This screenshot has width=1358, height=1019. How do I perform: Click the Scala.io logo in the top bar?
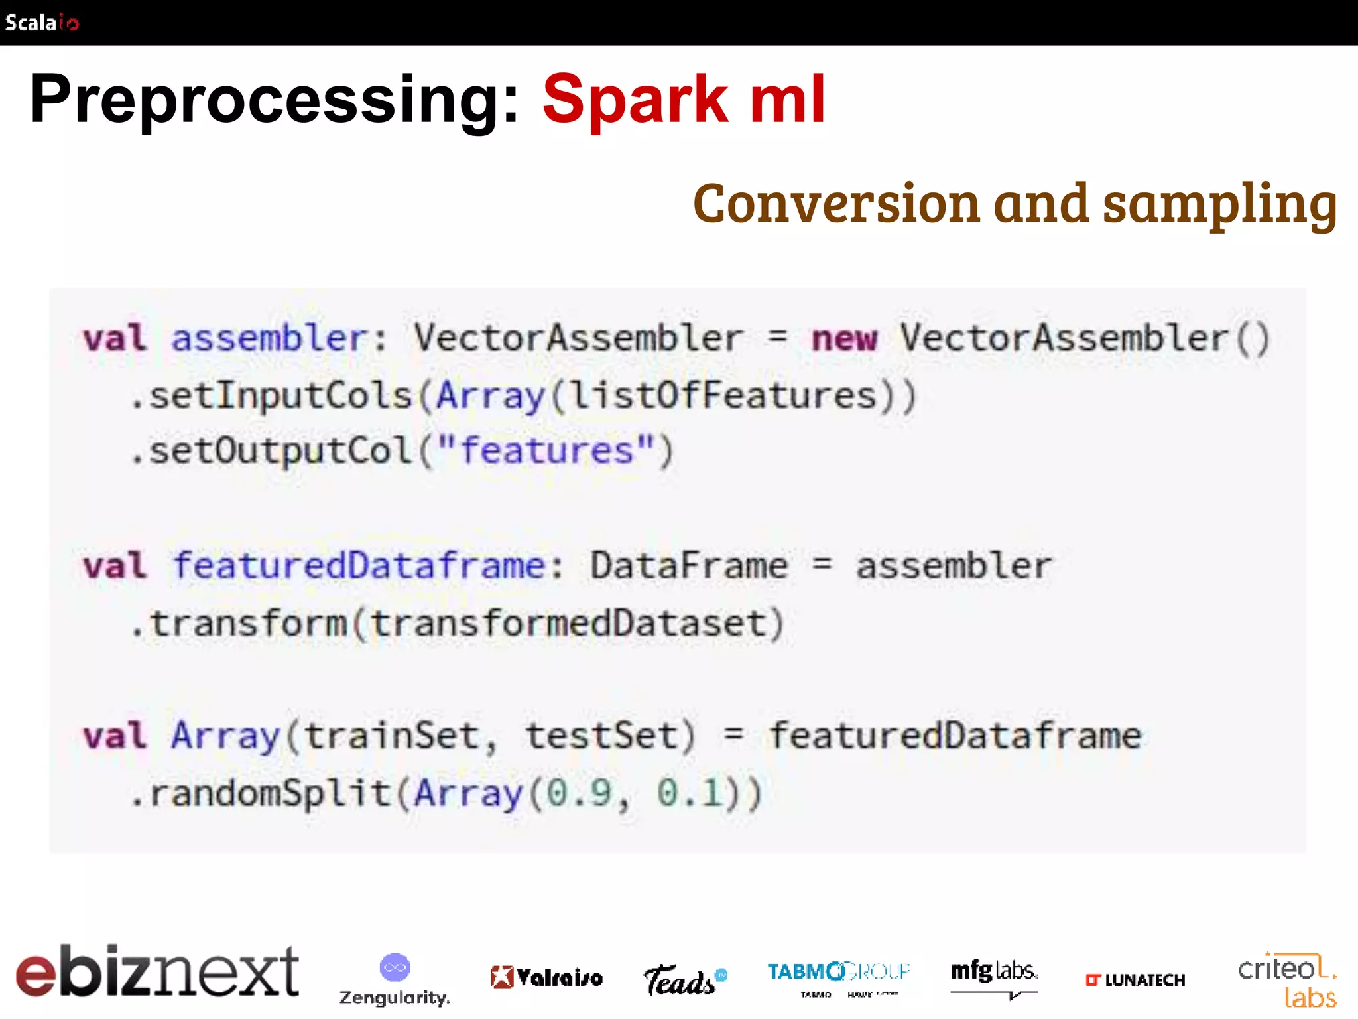42,23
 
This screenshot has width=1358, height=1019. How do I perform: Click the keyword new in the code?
844,339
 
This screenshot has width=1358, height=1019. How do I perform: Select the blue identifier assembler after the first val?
269,338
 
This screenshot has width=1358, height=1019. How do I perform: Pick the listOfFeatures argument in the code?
723,396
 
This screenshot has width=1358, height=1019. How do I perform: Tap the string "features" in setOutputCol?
546,451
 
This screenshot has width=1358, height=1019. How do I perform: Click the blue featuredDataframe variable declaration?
359,566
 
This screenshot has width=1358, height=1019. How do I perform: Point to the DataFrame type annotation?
688,566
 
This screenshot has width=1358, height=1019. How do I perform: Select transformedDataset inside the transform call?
568,624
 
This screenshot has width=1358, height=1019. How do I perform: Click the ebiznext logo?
157,972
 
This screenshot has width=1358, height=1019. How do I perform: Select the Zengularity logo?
395,979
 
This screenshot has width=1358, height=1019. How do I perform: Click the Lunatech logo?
1135,980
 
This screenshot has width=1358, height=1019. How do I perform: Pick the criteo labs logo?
1286,981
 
